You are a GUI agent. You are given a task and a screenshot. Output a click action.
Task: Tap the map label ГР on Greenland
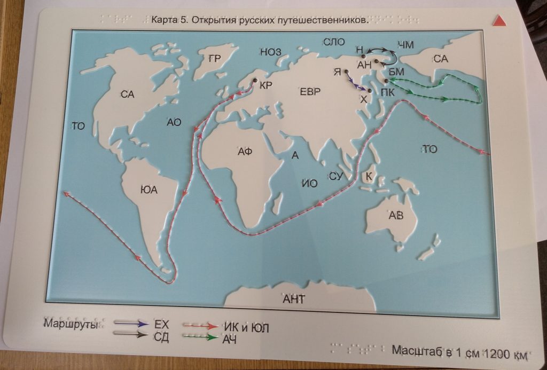215,59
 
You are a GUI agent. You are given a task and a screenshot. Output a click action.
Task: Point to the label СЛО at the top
334,42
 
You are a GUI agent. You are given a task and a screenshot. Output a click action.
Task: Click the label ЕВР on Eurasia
310,92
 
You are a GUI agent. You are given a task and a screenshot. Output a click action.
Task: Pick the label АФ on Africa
244,152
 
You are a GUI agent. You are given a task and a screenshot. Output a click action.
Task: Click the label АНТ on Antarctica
293,300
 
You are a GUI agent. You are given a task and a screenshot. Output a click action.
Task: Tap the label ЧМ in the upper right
406,45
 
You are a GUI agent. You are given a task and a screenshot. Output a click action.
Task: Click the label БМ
396,71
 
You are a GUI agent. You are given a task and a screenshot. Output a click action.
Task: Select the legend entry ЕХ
161,324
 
